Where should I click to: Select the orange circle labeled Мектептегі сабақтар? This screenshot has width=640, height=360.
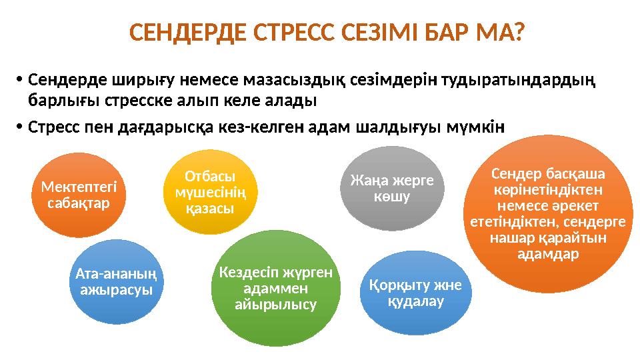[83, 195]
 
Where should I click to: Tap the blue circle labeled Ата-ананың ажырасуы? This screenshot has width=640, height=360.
[117, 281]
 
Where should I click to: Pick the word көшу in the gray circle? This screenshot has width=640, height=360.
[392, 197]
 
